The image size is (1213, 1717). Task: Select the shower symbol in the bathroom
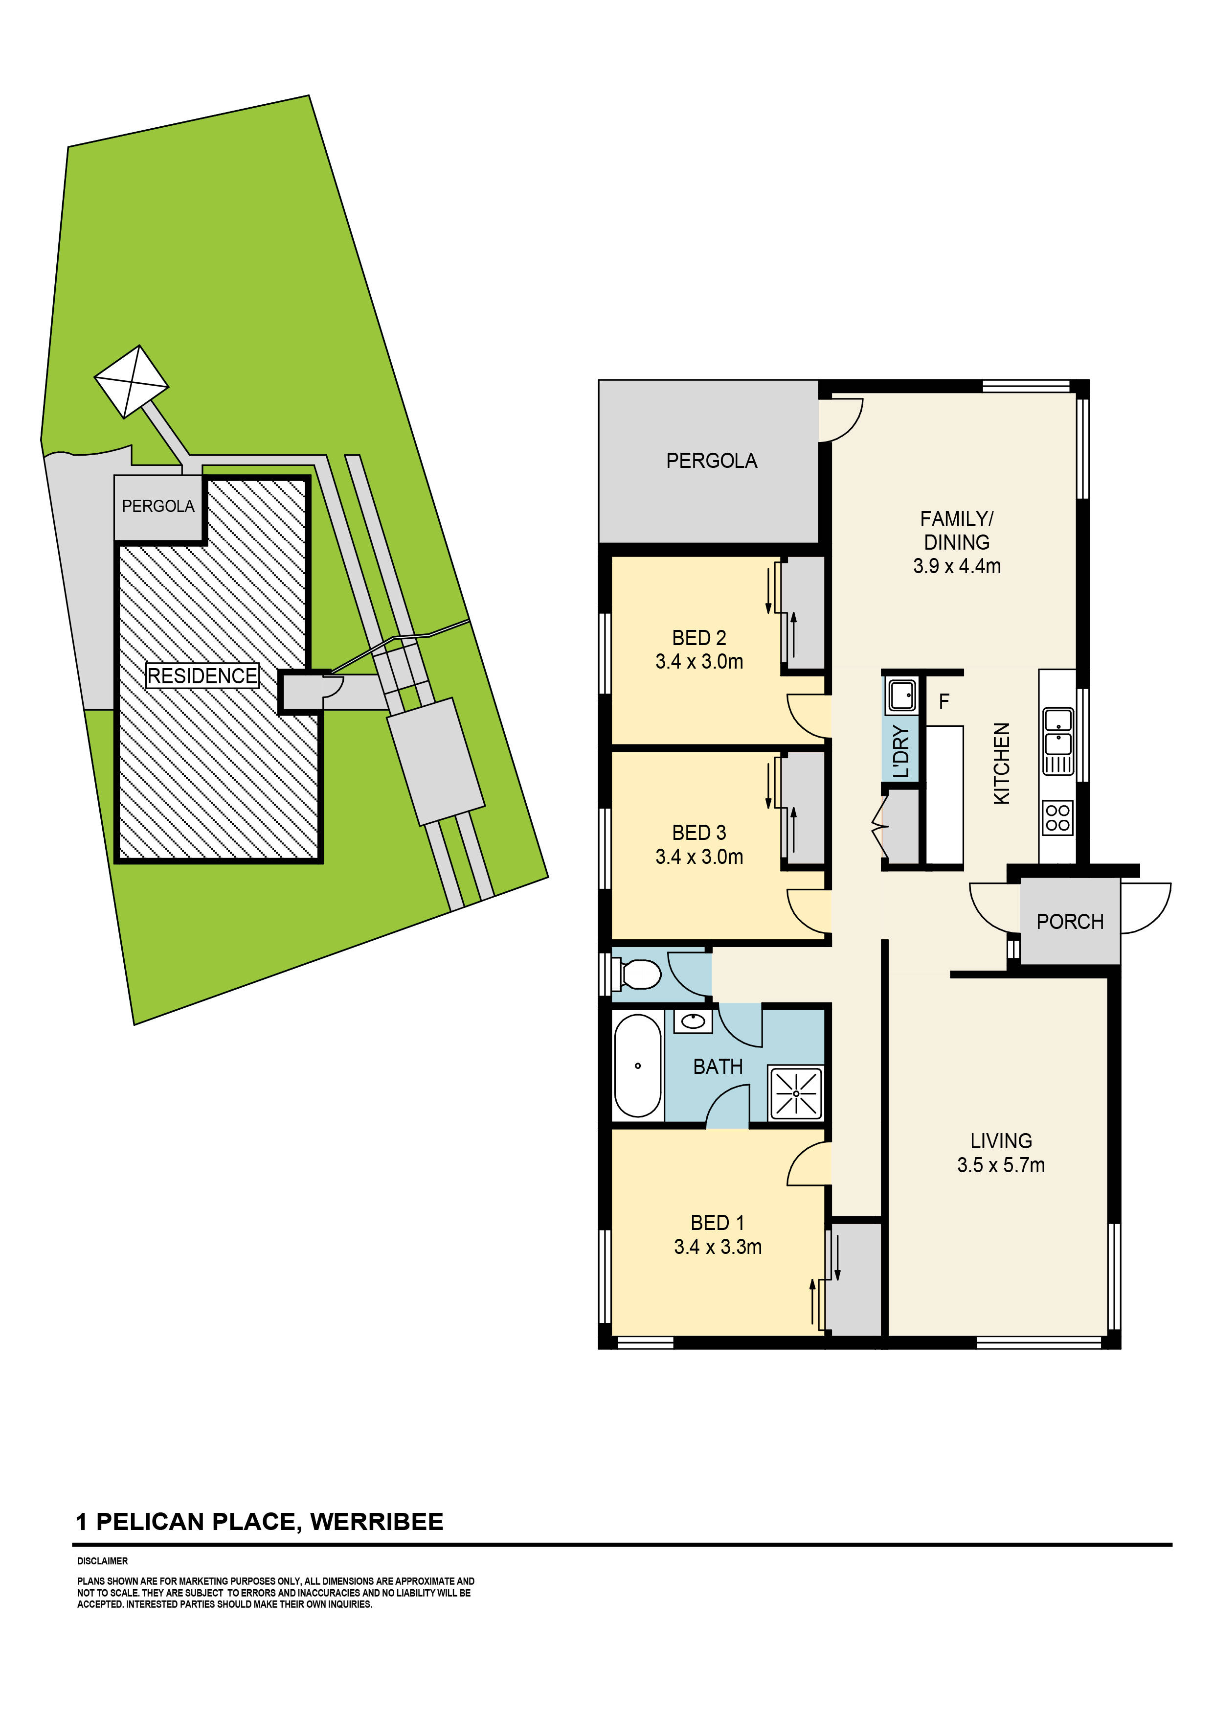click(x=796, y=1093)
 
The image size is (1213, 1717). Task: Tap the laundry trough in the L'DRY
click(x=902, y=696)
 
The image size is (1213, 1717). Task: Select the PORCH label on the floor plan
click(x=1070, y=921)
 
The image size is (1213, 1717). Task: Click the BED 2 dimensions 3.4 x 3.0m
click(x=699, y=661)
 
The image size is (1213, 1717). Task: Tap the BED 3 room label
click(x=699, y=833)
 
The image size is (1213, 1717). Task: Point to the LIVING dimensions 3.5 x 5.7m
click(x=1001, y=1164)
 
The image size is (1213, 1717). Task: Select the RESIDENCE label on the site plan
click(x=202, y=675)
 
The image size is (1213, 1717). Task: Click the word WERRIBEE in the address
click(x=377, y=1522)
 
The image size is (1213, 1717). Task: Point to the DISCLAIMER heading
click(x=102, y=1561)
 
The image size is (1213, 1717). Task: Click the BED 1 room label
click(x=718, y=1223)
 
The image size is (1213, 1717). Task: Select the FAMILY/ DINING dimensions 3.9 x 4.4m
click(x=957, y=566)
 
